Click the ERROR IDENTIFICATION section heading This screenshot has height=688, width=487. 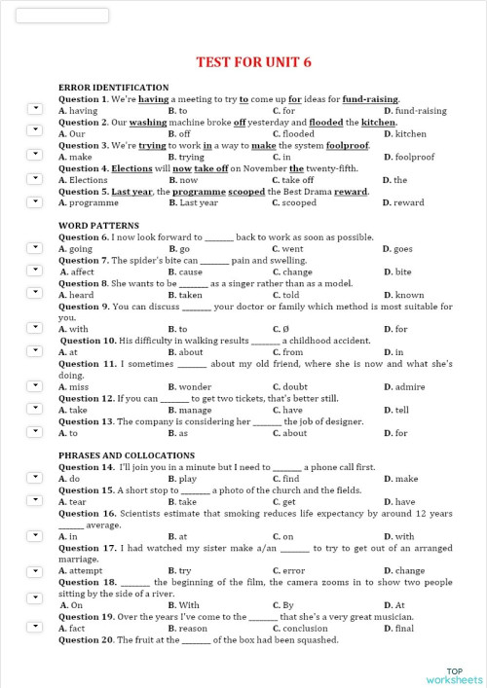click(x=113, y=88)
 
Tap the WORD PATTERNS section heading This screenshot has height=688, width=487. click(x=97, y=226)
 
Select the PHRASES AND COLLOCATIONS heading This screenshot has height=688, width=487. click(x=126, y=455)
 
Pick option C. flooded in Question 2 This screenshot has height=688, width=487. click(x=293, y=134)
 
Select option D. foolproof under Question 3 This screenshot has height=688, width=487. click(x=408, y=157)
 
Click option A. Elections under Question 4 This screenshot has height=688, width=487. click(x=83, y=180)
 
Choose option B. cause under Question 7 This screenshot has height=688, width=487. click(x=185, y=272)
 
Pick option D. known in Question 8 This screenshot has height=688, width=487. click(x=403, y=295)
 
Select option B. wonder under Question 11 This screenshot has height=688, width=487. click(x=190, y=386)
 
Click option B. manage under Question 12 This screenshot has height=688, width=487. click(x=190, y=410)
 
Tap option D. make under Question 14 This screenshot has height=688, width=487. click(x=400, y=479)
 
